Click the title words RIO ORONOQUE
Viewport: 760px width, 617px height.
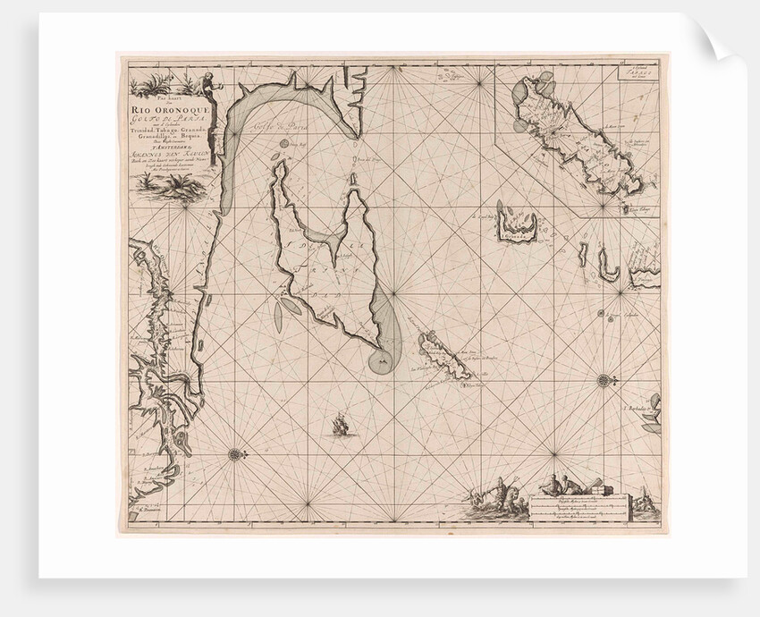173,111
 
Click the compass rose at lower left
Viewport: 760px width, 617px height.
234,453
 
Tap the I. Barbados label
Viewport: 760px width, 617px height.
636,413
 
